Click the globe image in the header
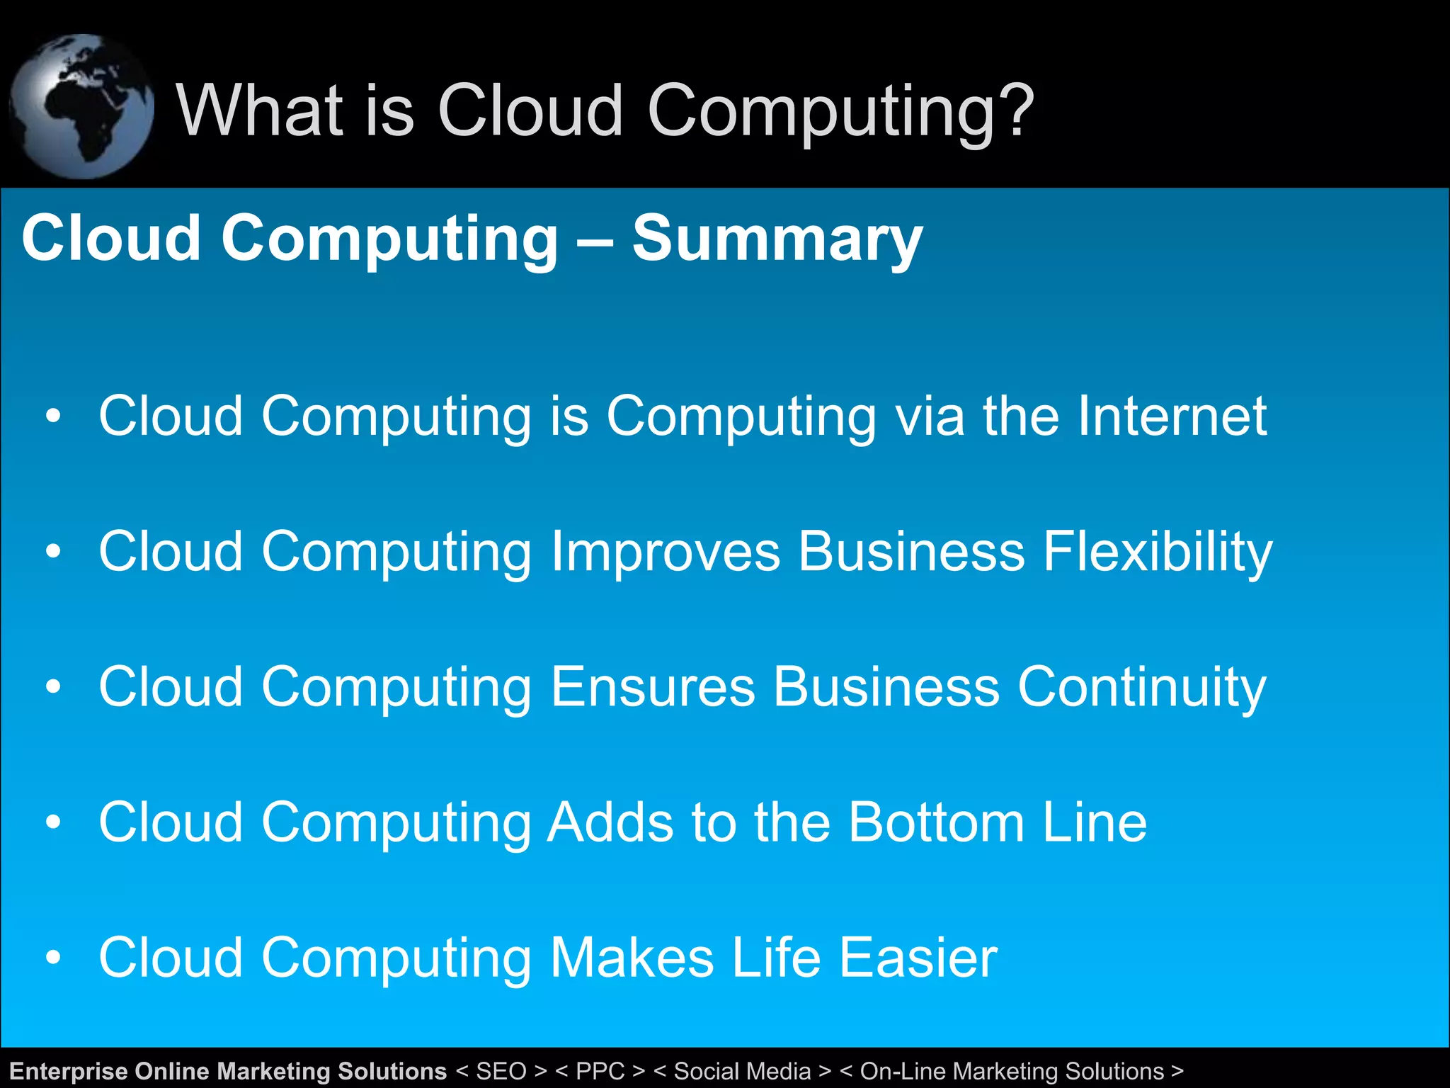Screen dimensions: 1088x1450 pos(81,106)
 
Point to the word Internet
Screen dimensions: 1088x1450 pos(1171,416)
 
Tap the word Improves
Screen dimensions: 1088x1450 pos(665,552)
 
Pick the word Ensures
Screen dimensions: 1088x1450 pos(652,687)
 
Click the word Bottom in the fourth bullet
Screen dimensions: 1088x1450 pos(937,822)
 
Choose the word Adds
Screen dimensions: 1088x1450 pos(610,822)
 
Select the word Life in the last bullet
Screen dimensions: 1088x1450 pos(776,958)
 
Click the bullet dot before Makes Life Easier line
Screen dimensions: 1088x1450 pos(53,958)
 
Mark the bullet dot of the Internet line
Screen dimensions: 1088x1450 pos(53,416)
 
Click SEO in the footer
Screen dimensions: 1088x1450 pos(501,1071)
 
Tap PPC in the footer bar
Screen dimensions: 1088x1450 pos(600,1071)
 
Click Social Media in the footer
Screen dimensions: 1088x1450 pos(742,1071)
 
